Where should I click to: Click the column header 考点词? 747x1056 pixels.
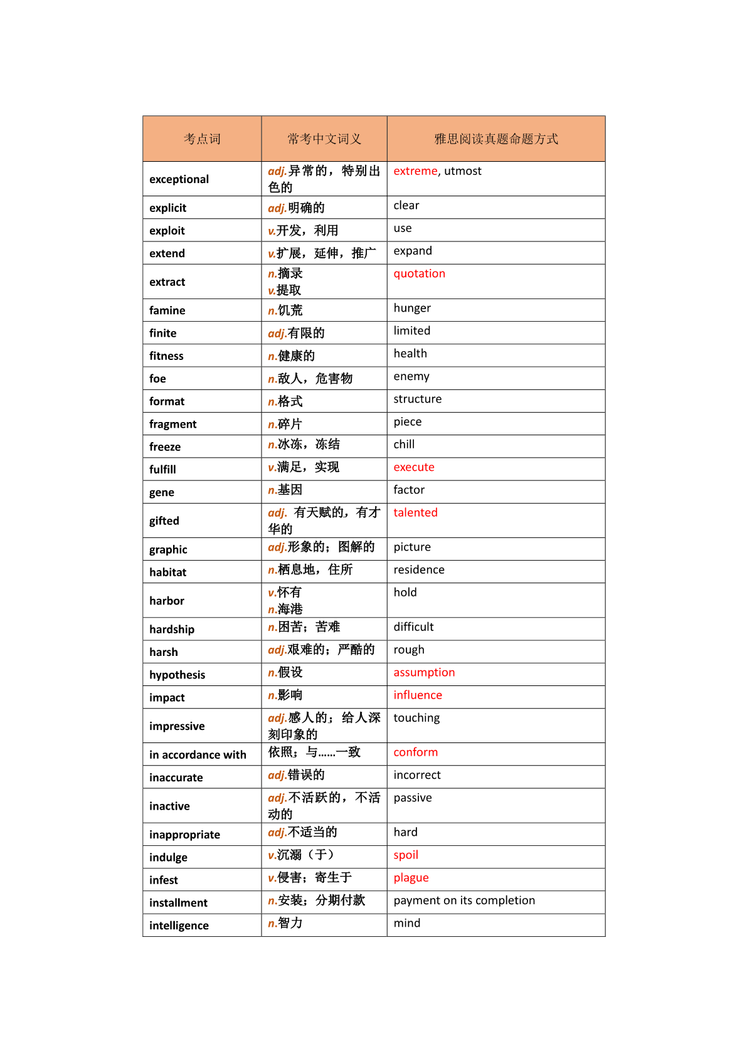click(202, 139)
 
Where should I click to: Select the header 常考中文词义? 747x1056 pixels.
click(324, 139)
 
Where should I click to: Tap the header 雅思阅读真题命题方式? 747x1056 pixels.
click(496, 139)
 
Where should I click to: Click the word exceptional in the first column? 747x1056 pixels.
click(179, 179)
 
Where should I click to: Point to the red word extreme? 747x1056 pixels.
click(415, 171)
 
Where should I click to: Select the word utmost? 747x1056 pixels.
click(463, 171)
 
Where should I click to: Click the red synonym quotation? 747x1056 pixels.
click(419, 273)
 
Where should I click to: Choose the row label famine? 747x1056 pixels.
click(167, 310)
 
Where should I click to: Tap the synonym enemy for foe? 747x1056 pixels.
click(411, 376)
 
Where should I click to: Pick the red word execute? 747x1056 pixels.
click(413, 467)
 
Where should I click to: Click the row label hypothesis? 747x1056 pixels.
click(177, 675)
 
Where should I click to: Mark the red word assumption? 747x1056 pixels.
click(424, 672)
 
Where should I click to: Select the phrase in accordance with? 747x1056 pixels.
click(198, 755)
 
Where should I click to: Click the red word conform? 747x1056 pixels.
click(415, 752)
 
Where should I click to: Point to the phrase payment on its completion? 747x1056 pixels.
click(464, 900)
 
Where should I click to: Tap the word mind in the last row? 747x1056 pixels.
click(407, 923)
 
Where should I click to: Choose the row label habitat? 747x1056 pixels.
click(167, 572)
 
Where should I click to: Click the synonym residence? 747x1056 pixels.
click(419, 569)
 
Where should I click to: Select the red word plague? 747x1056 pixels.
click(411, 878)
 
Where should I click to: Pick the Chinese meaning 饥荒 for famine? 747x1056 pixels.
click(290, 310)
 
